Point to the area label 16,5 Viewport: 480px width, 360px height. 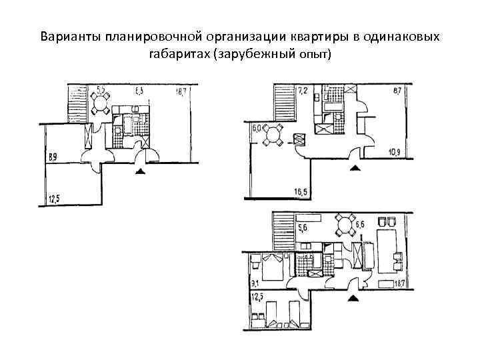pos(301,193)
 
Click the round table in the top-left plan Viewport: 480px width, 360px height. pos(102,103)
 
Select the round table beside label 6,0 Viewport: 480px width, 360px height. pos(273,136)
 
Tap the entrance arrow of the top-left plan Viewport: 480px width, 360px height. pos(140,172)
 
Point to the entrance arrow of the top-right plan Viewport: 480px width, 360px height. pos(355,167)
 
